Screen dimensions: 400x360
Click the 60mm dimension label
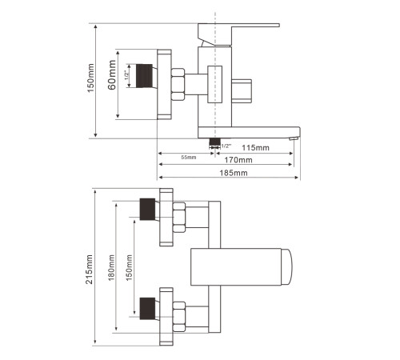[112, 75]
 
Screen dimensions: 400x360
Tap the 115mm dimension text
[255, 147]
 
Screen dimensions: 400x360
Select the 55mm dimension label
[189, 158]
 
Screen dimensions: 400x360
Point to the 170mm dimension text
[238, 160]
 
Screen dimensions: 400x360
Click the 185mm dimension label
[234, 173]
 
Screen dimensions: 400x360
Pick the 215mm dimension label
[90, 269]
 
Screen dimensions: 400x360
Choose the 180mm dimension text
[111, 267]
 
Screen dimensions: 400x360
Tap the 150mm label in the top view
[91, 78]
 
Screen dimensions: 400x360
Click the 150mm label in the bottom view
[129, 267]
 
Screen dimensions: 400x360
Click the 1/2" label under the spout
[226, 146]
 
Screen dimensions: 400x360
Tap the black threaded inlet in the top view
[144, 76]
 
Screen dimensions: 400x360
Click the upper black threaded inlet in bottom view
[147, 210]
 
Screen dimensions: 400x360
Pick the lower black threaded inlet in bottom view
[147, 309]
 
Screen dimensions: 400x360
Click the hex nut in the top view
[178, 84]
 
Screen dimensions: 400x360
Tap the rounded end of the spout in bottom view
[287, 267]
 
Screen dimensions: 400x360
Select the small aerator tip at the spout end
[294, 138]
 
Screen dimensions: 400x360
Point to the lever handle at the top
[238, 34]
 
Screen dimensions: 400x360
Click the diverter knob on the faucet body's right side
[242, 90]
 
